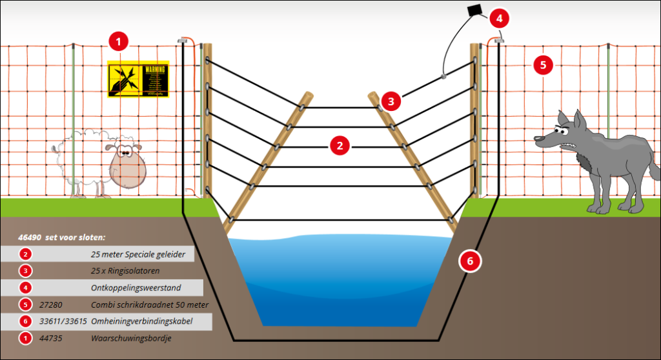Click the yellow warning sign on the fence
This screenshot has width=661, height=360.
tap(137, 78)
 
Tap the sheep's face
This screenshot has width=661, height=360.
tap(127, 166)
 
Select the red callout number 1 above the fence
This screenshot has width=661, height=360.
tap(117, 43)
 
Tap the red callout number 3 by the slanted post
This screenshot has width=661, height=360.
tap(391, 100)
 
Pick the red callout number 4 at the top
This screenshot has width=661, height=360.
tap(498, 17)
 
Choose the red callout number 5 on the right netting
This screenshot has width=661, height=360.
tap(543, 64)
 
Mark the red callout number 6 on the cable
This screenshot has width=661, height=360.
tap(469, 261)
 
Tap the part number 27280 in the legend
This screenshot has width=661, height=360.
tap(52, 305)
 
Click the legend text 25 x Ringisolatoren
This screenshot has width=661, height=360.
tap(125, 271)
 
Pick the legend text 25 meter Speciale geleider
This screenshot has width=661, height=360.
tap(138, 254)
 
